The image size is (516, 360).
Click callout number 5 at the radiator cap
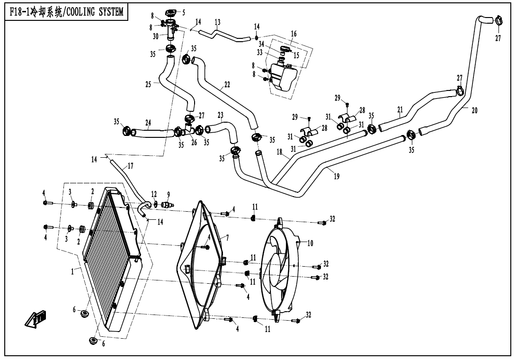coord(184,12)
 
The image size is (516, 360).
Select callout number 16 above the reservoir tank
coord(294,34)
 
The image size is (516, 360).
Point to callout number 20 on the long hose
coord(474,110)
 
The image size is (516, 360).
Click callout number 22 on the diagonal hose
coord(227,85)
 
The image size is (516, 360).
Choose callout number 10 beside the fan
coord(311,243)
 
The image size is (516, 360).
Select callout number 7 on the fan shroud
coord(227,238)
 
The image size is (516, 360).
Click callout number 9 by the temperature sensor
coord(169,194)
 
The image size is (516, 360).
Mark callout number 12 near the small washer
coord(154,194)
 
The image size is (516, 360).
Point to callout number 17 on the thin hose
coord(131,166)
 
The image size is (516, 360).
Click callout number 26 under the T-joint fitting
coord(194,143)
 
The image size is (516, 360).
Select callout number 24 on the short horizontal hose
coord(148,122)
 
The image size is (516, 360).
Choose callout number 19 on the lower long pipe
coord(337,176)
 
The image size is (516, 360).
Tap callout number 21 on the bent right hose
coord(400,110)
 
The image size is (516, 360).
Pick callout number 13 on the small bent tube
coord(217,22)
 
